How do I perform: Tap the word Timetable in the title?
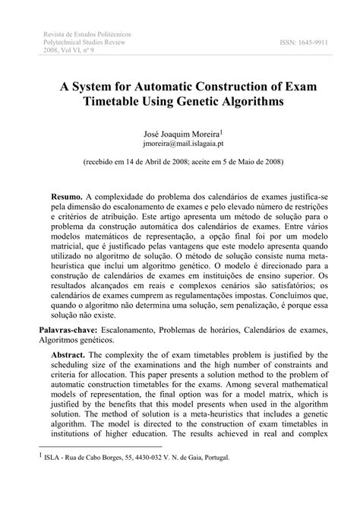coord(125,100)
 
